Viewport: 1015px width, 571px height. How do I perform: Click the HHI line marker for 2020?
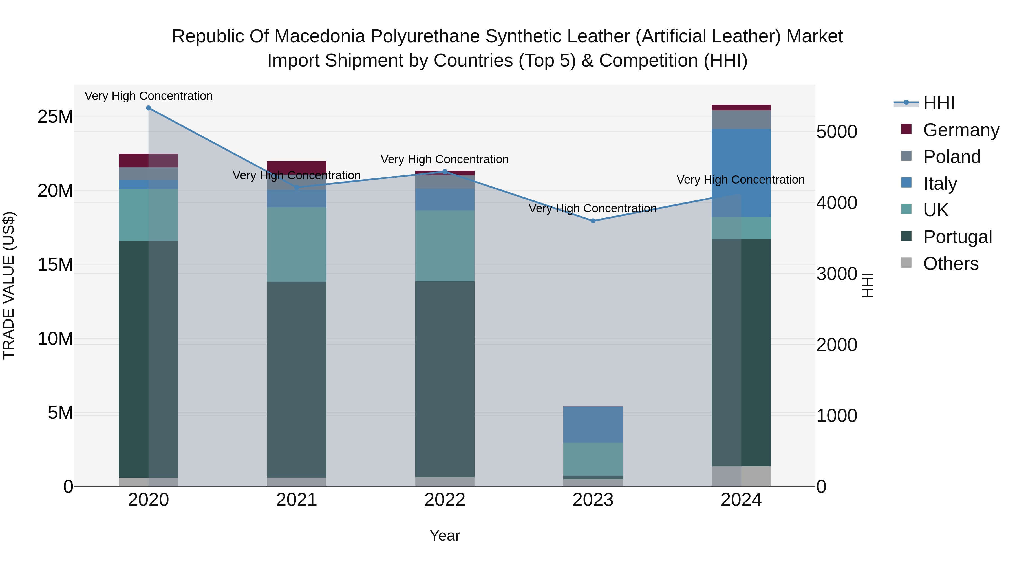[149, 108]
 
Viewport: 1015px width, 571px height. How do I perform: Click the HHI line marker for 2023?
[593, 221]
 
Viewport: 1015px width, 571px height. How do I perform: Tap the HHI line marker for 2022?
[445, 171]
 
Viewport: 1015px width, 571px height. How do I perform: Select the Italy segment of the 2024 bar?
[741, 172]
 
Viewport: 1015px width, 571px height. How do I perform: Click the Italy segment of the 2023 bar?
[593, 424]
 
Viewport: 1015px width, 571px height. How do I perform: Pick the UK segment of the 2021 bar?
[297, 244]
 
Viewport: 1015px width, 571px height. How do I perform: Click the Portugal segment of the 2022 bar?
[445, 379]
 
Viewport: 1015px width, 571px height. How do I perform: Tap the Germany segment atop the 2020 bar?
[149, 160]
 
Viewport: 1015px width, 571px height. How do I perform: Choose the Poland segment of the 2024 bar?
[741, 119]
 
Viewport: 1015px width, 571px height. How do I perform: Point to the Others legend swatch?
[906, 263]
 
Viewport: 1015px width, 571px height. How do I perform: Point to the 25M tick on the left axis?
[55, 117]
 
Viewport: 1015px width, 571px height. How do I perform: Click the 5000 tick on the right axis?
[837, 132]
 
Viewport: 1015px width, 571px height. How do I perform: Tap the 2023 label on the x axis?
[593, 500]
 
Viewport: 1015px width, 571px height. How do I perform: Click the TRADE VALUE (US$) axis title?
[9, 285]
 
